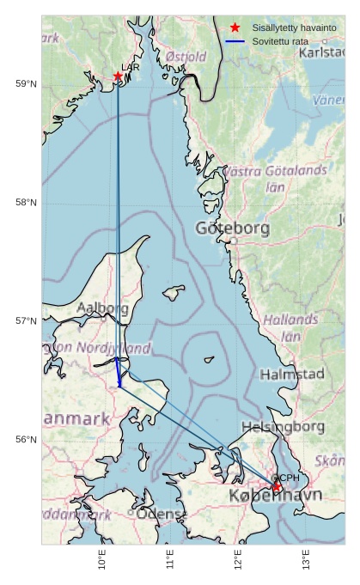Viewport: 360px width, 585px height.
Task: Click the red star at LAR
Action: [118, 76]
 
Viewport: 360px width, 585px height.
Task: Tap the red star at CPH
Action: [277, 487]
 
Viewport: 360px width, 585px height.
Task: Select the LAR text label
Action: [130, 67]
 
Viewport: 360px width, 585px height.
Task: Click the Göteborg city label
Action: [232, 229]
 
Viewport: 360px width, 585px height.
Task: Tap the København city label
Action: [275, 497]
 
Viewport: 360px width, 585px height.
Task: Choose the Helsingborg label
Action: [283, 426]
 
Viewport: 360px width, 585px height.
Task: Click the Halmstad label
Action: [292, 374]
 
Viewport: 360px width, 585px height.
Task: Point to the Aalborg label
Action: [103, 308]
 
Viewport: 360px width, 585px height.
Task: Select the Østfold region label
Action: [186, 57]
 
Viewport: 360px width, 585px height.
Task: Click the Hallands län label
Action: [290, 327]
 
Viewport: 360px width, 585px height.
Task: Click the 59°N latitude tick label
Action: [26, 83]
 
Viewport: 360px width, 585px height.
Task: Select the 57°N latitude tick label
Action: [26, 321]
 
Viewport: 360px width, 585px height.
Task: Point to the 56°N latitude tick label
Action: [26, 440]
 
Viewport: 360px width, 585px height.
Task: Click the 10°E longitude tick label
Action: [102, 564]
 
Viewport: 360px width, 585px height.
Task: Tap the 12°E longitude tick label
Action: [238, 564]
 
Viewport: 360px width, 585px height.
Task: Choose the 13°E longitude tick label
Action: [306, 564]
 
